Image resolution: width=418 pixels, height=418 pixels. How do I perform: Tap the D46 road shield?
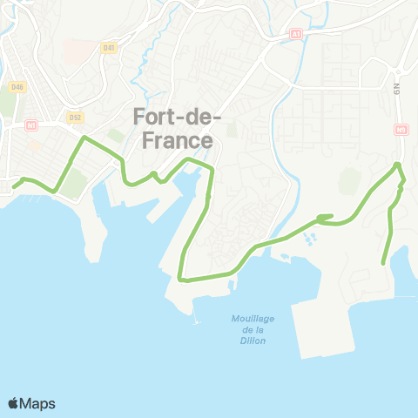(x=17, y=87)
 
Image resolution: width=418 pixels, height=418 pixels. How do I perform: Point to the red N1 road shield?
(x=32, y=125)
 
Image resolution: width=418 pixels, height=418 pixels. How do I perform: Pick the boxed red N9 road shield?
(x=401, y=130)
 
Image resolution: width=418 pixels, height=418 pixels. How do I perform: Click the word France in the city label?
(x=174, y=139)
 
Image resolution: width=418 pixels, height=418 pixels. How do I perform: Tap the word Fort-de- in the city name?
(x=178, y=117)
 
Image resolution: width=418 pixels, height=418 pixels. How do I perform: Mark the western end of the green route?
(x=13, y=185)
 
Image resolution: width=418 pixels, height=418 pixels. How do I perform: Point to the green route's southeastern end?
(x=384, y=263)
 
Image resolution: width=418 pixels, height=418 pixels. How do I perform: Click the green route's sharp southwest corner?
(x=180, y=279)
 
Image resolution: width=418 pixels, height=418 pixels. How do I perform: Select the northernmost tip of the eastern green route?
(x=398, y=164)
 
